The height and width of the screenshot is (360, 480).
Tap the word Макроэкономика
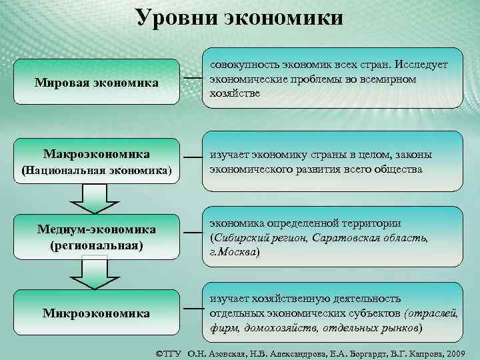97,155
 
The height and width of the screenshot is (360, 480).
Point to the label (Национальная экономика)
97,171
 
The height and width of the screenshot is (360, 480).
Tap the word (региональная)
97,245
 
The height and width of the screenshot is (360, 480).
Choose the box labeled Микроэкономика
97,313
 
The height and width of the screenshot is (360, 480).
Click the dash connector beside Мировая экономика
192,79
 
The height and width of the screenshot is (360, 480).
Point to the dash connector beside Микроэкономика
192,309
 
